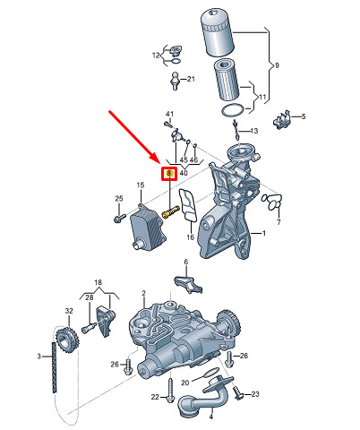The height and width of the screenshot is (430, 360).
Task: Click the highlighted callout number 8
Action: click(169, 173)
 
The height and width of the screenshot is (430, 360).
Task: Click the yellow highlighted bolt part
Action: click(170, 211)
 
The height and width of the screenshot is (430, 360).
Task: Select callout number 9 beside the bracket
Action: click(277, 65)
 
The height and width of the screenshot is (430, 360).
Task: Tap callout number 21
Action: click(191, 79)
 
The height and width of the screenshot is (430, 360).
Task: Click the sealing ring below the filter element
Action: click(232, 111)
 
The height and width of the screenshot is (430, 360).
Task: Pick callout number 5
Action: click(304, 116)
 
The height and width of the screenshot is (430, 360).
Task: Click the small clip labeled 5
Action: click(282, 120)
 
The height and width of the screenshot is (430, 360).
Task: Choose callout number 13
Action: click(254, 131)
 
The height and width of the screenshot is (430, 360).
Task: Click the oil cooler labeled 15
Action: click(147, 226)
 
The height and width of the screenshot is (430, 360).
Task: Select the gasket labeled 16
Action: click(188, 205)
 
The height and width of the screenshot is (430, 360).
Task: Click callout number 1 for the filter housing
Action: click(263, 233)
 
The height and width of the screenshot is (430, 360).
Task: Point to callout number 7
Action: click(279, 222)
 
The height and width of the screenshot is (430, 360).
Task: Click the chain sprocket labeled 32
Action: click(67, 340)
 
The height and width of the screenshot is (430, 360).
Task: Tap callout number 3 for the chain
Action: click(39, 357)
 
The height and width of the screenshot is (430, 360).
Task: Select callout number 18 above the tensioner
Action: click(98, 282)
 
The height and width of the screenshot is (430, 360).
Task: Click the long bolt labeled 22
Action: click(170, 390)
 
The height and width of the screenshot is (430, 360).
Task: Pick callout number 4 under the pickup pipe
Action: click(211, 417)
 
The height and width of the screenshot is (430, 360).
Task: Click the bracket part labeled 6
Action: click(189, 284)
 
